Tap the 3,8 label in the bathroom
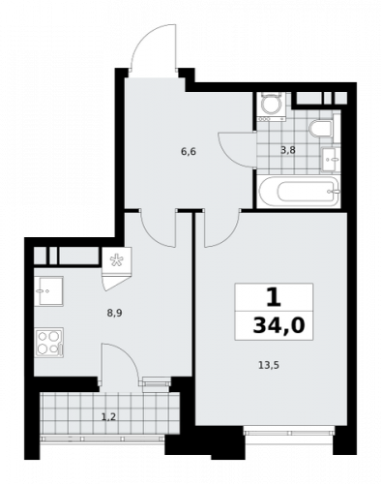[288, 150]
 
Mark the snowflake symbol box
[116, 258]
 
